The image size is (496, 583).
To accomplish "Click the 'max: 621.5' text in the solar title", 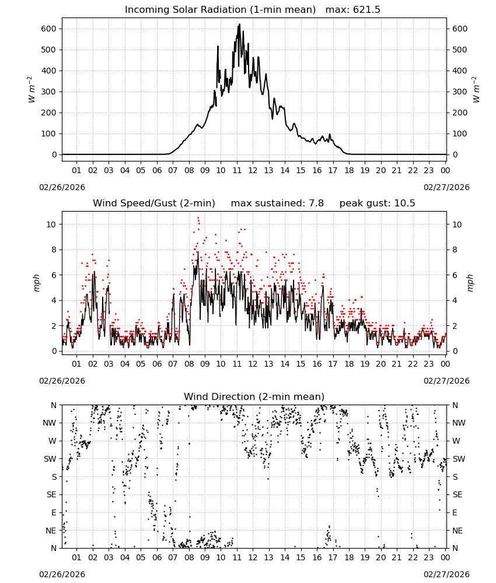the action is tap(353, 10).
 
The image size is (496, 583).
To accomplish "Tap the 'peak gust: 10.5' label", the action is tap(377, 203).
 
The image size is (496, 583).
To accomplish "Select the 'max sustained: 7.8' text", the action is tap(277, 203).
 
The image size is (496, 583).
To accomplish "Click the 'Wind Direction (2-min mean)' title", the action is tap(254, 396).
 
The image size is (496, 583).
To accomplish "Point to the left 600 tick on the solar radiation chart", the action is tap(49, 29).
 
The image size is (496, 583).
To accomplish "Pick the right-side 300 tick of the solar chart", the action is tap(460, 92).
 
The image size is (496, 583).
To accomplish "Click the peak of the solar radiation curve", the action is tap(239, 24).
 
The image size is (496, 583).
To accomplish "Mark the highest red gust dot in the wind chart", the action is tap(198, 218).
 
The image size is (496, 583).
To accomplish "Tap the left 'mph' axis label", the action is tap(36, 283).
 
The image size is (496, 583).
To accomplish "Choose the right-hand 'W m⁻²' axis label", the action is tap(476, 90).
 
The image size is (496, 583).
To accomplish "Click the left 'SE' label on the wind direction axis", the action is tap(51, 494).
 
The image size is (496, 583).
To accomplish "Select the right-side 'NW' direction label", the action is tap(459, 423).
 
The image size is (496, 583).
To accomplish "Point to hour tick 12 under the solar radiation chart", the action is tap(253, 170).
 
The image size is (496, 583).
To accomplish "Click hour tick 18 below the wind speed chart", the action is tap(349, 364).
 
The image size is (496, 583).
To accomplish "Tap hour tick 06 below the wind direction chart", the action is tap(157, 557).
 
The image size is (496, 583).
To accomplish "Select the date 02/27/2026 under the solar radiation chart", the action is tap(446, 187).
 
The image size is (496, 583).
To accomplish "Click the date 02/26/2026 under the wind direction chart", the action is tap(62, 574).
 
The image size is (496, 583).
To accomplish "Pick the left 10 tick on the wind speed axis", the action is tap(51, 224).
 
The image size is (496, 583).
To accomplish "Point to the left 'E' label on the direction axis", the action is tap(54, 512).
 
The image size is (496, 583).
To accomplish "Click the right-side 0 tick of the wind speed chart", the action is tap(455, 351).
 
